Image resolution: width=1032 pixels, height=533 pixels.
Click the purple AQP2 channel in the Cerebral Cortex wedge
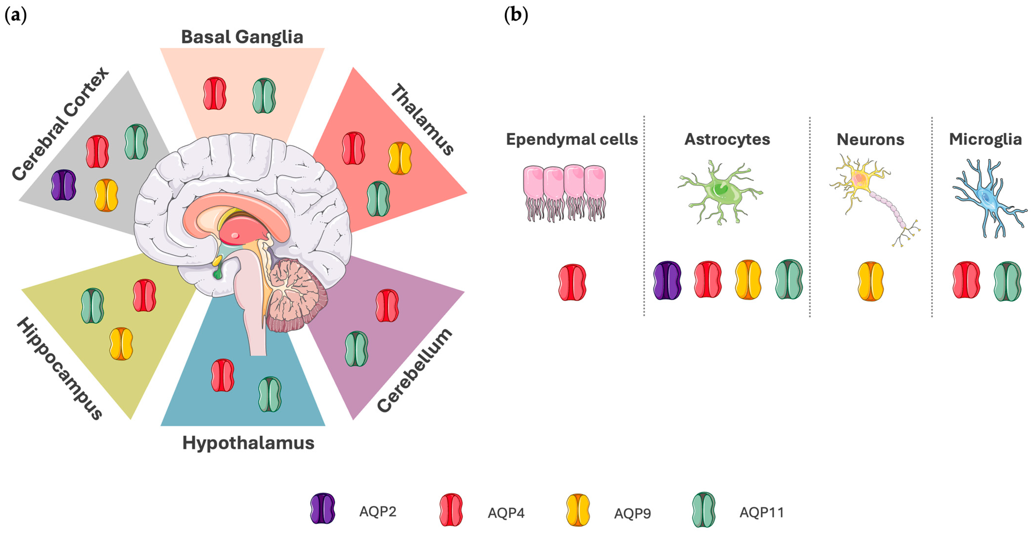coord(64,185)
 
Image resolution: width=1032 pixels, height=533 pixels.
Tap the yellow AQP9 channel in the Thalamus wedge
coord(400,158)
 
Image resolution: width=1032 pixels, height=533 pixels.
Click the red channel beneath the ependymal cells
coord(572,282)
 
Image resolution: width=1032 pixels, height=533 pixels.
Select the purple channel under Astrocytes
coord(667,281)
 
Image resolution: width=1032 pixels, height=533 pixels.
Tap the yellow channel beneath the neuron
coord(870,281)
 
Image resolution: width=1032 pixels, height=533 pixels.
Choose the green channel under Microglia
coord(1007,281)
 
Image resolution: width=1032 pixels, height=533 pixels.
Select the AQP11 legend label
coord(761,512)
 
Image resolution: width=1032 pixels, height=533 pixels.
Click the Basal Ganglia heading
coord(242,37)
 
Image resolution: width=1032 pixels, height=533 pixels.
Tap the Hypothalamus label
coord(248,443)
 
